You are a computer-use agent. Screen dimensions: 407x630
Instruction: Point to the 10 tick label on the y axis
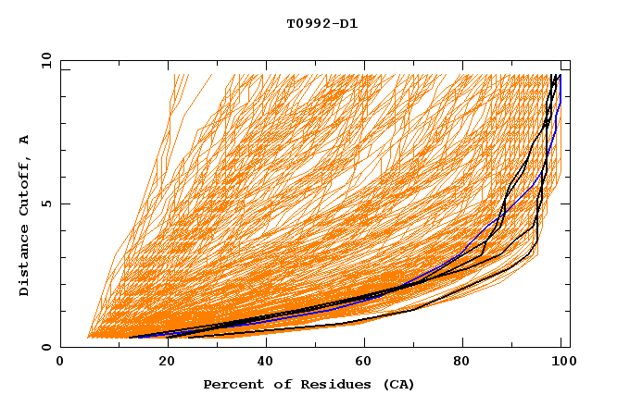(x=46, y=59)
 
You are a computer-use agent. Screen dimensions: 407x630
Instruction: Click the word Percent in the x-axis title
(x=232, y=384)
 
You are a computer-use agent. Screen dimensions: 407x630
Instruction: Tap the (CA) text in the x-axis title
(x=398, y=384)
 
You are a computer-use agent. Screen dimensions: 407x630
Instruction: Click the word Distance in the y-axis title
(x=24, y=262)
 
